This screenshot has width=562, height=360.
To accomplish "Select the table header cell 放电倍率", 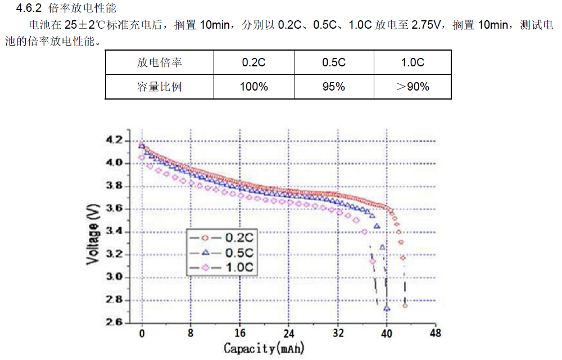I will [159, 62].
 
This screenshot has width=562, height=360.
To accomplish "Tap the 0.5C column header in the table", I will [333, 62].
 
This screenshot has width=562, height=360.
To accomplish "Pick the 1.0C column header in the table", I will [413, 62].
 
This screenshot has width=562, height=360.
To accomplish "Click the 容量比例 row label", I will [159, 87].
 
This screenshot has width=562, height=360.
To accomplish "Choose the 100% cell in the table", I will [254, 87].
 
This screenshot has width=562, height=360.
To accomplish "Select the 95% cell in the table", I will [333, 87].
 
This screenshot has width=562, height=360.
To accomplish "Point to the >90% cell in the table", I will [413, 87].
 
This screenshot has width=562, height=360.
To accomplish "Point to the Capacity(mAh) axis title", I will [264, 348].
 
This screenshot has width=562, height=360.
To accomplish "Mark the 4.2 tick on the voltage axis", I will [115, 140].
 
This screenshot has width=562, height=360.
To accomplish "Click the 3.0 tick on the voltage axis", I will [115, 277].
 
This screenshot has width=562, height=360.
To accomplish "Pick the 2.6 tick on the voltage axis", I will [115, 322].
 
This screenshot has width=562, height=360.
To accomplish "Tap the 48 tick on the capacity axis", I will [434, 333].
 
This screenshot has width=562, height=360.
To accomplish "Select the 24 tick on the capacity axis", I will [288, 333].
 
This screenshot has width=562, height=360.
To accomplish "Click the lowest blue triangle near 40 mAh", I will [387, 308].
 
